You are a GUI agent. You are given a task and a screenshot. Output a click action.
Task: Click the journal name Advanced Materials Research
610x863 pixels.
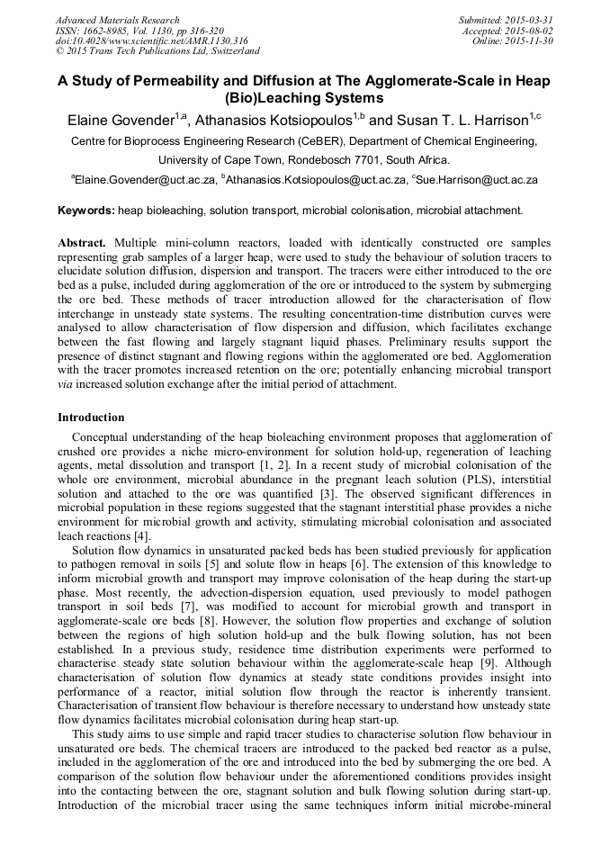(118, 20)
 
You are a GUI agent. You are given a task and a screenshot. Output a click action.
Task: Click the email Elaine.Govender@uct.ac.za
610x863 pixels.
(146, 180)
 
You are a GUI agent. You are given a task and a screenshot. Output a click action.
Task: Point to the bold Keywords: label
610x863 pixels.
(86, 211)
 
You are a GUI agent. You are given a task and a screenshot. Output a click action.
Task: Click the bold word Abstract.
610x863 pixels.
(82, 244)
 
